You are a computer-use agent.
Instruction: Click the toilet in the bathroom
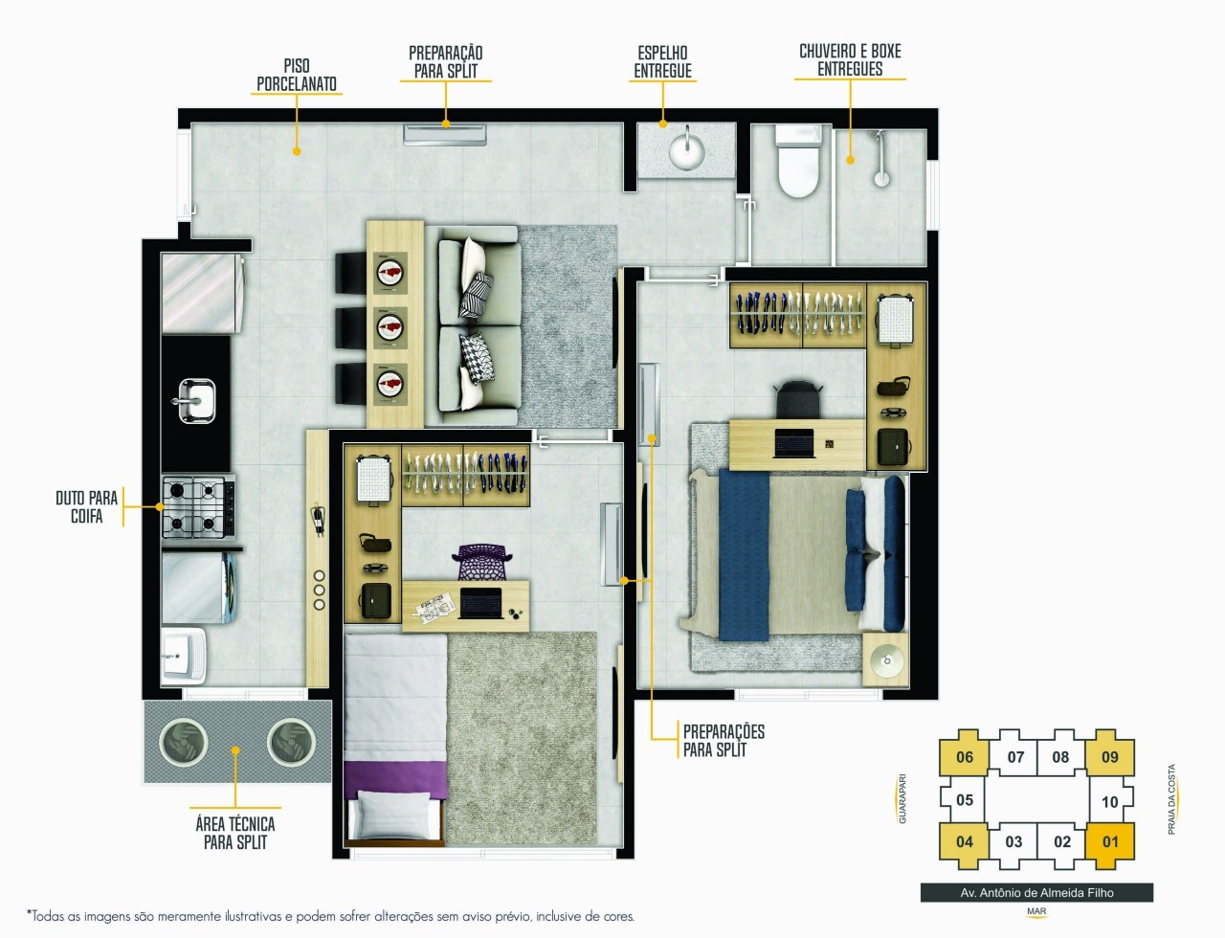pyautogui.click(x=797, y=161)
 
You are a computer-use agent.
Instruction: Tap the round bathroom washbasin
pyautogui.click(x=686, y=150)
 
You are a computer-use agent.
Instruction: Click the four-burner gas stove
pyautogui.click(x=198, y=507)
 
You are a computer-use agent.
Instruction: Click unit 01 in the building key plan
pyautogui.click(x=1110, y=841)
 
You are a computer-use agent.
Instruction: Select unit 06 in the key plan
pyautogui.click(x=965, y=756)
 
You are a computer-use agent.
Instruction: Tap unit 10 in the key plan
pyautogui.click(x=1109, y=801)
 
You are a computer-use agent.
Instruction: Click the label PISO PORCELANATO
pyautogui.click(x=297, y=75)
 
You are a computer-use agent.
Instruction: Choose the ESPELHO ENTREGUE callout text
pyautogui.click(x=662, y=61)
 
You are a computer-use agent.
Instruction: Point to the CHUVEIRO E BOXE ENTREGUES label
pyautogui.click(x=850, y=59)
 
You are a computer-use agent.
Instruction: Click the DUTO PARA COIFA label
pyautogui.click(x=87, y=506)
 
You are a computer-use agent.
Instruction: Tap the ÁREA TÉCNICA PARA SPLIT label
pyautogui.click(x=235, y=833)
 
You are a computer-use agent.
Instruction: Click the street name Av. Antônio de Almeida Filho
pyautogui.click(x=1036, y=893)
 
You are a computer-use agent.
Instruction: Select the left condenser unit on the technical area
pyautogui.click(x=183, y=742)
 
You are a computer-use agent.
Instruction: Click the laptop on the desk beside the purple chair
pyautogui.click(x=480, y=603)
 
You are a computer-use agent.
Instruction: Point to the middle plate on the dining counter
pyautogui.click(x=390, y=328)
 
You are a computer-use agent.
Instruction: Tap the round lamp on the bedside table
pyautogui.click(x=887, y=660)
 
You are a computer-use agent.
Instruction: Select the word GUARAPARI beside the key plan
pyautogui.click(x=902, y=798)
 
